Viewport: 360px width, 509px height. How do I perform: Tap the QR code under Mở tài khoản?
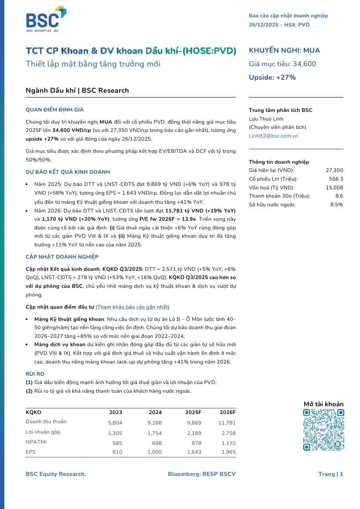click(x=323, y=430)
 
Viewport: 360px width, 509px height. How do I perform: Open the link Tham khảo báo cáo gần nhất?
click(x=132, y=307)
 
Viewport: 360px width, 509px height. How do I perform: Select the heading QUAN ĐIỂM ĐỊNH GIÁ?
click(x=54, y=110)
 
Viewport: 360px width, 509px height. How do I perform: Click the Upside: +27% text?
click(x=272, y=78)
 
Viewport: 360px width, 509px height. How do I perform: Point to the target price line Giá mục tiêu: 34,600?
click(x=282, y=64)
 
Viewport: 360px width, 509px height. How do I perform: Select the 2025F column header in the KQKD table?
click(x=194, y=412)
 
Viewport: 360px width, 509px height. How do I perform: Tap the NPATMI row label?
click(x=36, y=442)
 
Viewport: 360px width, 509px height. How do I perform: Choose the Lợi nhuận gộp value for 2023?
click(x=115, y=433)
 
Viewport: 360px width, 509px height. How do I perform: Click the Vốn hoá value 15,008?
click(x=334, y=187)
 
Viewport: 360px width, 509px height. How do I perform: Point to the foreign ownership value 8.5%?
click(x=336, y=204)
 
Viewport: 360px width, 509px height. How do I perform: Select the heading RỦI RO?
click(x=35, y=374)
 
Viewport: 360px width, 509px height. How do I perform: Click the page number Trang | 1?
click(x=330, y=474)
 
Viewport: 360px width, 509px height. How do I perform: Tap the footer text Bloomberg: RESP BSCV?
click(x=202, y=474)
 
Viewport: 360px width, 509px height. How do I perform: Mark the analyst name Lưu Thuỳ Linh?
click(x=266, y=119)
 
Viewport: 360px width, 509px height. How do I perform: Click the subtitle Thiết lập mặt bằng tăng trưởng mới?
click(x=93, y=64)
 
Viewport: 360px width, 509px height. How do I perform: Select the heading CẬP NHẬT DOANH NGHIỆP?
click(x=62, y=257)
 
